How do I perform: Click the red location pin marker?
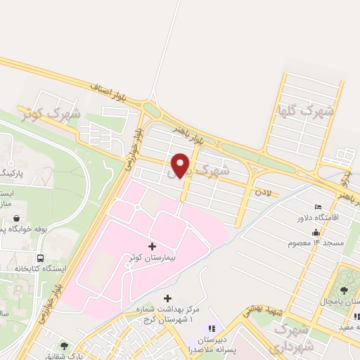pos(181,165)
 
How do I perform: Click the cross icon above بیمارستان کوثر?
pos(153,245)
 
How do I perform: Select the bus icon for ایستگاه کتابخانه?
pos(41,257)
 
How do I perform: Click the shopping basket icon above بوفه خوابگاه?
pos(16,219)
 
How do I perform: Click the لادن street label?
pos(263,191)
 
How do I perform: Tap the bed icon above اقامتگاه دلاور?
pos(319,207)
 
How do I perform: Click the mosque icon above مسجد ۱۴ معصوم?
pos(316,232)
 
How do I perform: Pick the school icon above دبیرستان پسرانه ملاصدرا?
pos(210,328)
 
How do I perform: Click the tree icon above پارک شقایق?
pos(65,346)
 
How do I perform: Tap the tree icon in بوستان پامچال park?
pos(345,289)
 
